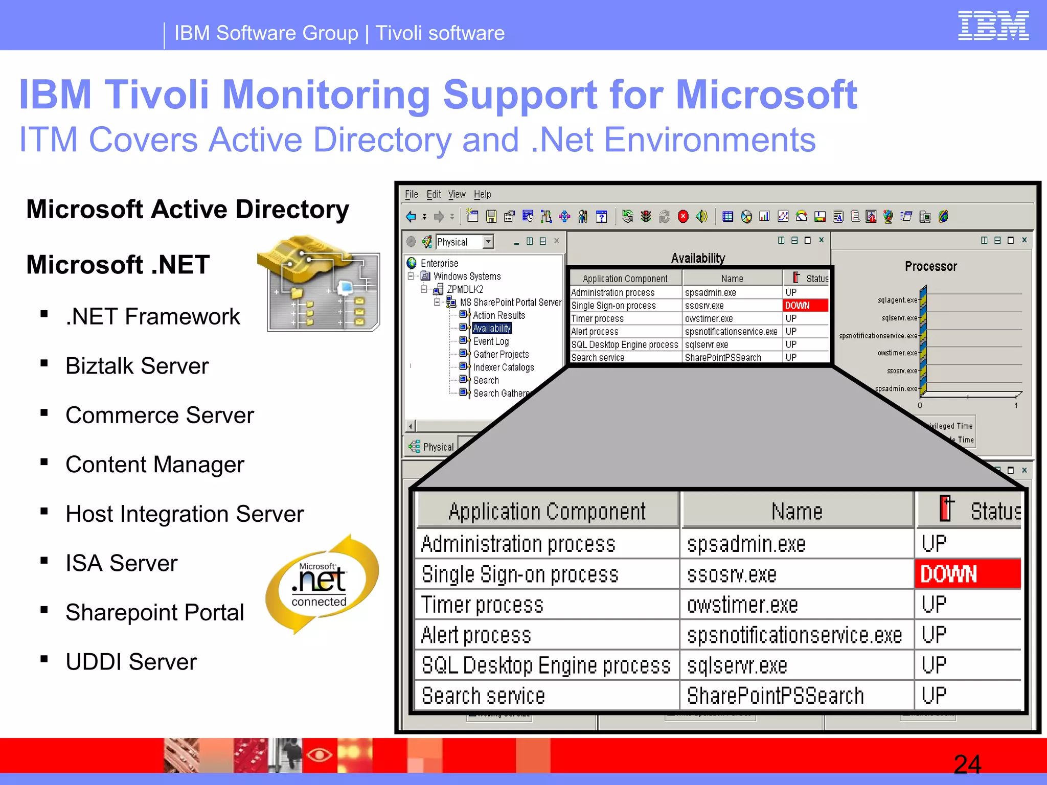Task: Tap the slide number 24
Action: (967, 765)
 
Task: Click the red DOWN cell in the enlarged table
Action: (967, 574)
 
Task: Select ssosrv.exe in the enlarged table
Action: (732, 574)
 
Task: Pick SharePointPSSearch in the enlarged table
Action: (775, 696)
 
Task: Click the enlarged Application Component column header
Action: (547, 511)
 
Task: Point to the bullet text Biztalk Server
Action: (137, 366)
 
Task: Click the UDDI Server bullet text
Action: (131, 662)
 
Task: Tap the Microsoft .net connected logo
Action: (322, 584)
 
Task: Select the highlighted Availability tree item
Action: (492, 328)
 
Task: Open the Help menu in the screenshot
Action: (482, 194)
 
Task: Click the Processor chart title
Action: (930, 266)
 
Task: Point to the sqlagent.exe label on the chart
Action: (897, 300)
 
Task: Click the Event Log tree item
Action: (491, 341)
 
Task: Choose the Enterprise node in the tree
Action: (439, 263)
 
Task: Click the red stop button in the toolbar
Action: (683, 217)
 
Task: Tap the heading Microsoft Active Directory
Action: (188, 210)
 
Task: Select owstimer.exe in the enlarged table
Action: (742, 605)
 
